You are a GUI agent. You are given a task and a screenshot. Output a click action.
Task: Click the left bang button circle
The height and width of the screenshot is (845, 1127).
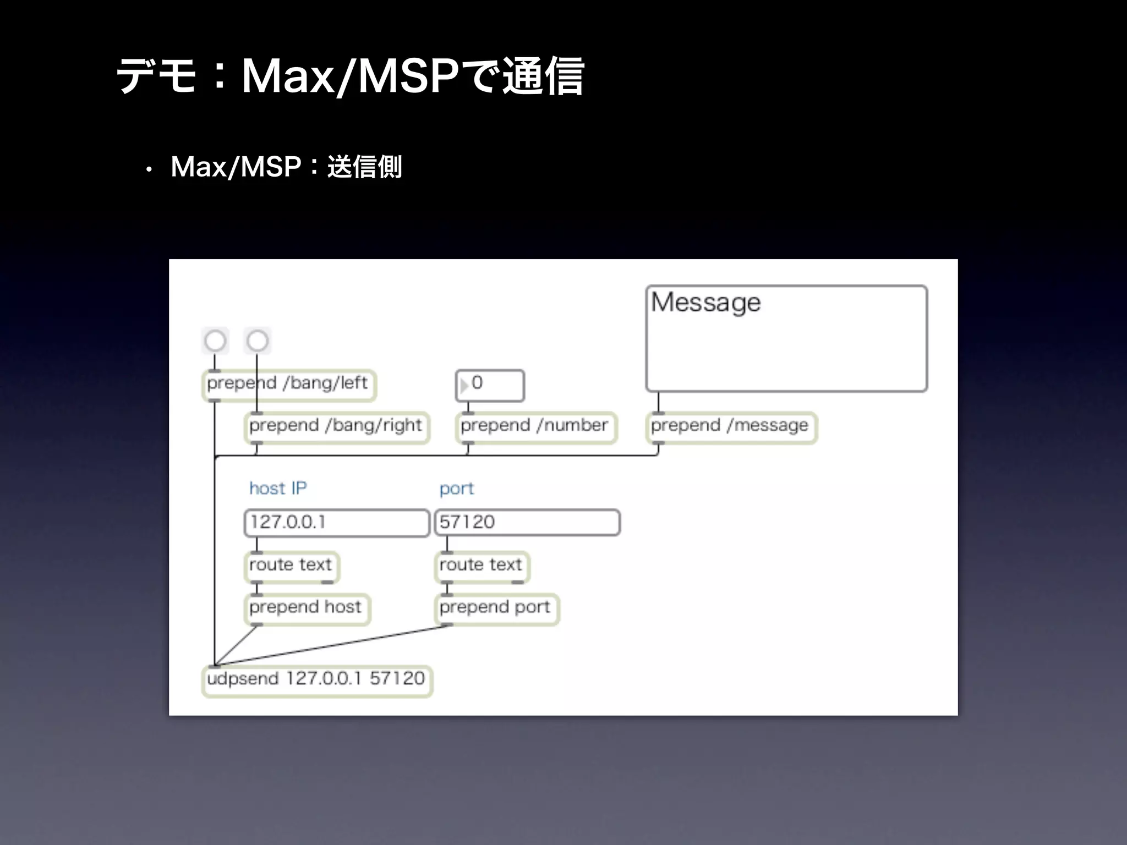tap(215, 341)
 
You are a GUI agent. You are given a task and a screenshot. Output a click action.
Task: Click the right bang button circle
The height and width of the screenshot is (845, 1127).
tap(258, 341)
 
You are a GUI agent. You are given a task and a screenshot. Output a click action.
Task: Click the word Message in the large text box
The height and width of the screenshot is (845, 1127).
tap(705, 302)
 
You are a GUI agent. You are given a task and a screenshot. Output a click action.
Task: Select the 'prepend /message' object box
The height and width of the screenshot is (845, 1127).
tap(730, 426)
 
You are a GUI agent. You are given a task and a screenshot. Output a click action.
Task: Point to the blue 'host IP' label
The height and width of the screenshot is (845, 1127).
tap(278, 488)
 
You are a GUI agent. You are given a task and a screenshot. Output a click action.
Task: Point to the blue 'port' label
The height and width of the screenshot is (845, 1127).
tap(456, 489)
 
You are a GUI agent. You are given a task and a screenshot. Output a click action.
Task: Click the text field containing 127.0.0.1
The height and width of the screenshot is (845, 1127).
tap(336, 522)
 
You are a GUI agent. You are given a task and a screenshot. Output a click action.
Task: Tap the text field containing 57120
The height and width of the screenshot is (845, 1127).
tap(527, 522)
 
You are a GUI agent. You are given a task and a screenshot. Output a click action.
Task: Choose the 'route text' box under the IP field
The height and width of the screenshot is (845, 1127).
tap(291, 565)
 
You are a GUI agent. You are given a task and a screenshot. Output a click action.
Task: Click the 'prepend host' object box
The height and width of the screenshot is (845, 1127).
tap(306, 607)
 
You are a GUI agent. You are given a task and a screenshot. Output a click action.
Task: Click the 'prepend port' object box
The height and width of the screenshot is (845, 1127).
tap(495, 607)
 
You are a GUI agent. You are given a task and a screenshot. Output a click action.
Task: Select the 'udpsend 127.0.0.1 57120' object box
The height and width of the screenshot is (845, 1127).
tap(316, 679)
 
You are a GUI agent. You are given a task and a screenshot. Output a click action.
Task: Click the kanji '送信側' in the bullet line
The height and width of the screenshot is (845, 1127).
tap(364, 167)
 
